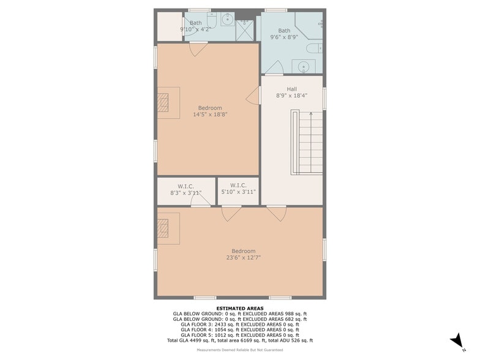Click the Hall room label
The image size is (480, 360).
(x=291, y=89)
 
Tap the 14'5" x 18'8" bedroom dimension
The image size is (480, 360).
(x=210, y=114)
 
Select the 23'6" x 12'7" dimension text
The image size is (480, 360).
(x=244, y=258)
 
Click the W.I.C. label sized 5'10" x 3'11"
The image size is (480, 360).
(x=238, y=186)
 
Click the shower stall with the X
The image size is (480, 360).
(x=245, y=31)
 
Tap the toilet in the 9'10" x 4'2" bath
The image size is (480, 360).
(x=212, y=20)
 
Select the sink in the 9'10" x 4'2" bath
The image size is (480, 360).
(x=228, y=20)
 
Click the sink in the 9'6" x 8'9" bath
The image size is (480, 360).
(x=304, y=66)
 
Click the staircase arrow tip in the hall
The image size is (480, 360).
(x=311, y=113)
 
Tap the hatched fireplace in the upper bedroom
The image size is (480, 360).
(x=163, y=103)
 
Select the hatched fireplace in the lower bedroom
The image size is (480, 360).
(x=163, y=228)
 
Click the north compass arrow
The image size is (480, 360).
(x=457, y=343)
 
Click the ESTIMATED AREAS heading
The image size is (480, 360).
(x=240, y=309)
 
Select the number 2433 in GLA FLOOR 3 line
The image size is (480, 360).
(x=221, y=324)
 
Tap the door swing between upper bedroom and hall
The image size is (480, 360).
(x=253, y=95)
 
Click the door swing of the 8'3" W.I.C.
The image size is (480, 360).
(x=201, y=200)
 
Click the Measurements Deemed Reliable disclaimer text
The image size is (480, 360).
(x=240, y=350)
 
